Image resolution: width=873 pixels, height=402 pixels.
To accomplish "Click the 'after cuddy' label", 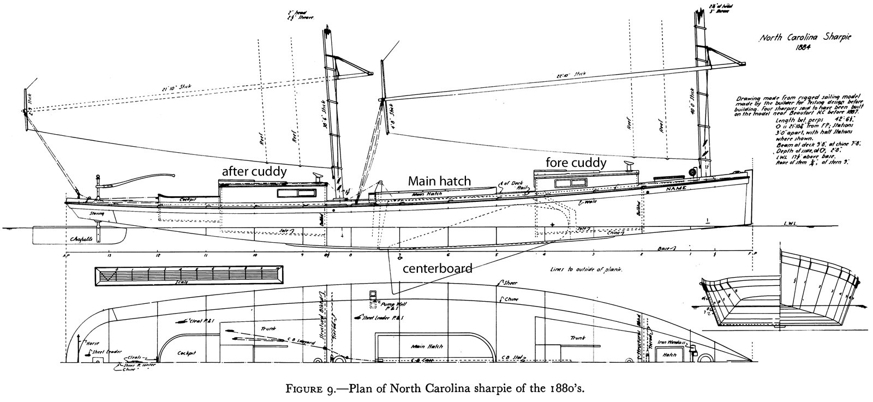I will click(254, 171).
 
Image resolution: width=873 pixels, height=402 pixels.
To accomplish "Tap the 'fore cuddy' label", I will click(576, 163).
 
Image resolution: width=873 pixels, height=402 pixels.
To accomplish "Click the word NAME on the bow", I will click(675, 187).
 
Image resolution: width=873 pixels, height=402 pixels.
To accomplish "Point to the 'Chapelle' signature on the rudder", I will click(85, 238).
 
